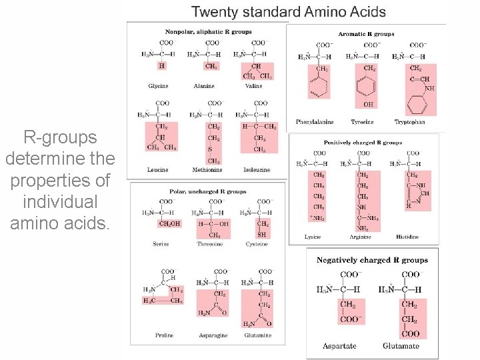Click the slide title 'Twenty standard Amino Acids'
[289, 11]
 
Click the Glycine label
[158, 86]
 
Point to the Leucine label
[158, 170]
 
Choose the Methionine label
[207, 170]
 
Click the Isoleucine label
[257, 170]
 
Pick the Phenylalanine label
[315, 122]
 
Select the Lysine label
[312, 237]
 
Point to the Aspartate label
[339, 346]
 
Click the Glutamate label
[401, 346]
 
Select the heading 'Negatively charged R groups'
[372, 260]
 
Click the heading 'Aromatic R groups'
[366, 34]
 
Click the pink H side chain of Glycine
[161, 66]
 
